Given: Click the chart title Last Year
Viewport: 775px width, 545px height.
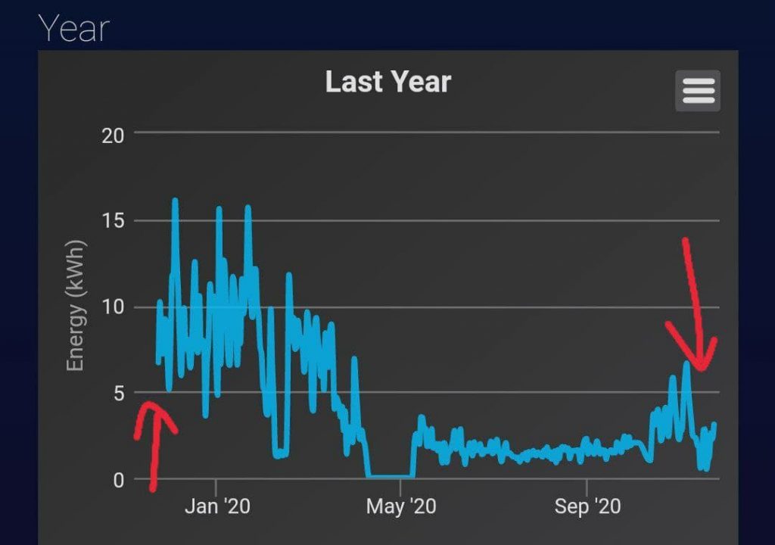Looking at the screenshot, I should click(x=387, y=82).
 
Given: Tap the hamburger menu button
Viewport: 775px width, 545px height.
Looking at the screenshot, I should click(x=698, y=91).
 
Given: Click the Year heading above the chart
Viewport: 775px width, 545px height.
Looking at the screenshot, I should click(x=74, y=29).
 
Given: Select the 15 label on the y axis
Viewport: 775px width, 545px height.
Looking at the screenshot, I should click(x=112, y=221).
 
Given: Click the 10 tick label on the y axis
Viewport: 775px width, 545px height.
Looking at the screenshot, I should click(x=112, y=307).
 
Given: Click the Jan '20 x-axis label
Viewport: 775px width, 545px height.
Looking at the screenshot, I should click(x=217, y=506).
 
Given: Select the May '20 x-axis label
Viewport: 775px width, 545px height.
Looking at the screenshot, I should click(x=400, y=506).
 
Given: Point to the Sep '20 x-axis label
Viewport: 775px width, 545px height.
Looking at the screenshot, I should click(x=587, y=506).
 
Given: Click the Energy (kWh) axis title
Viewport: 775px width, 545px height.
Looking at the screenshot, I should click(x=74, y=306).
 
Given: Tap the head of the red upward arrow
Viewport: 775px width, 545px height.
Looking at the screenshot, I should click(x=151, y=407).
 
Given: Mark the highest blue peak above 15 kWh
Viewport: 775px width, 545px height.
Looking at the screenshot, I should click(x=175, y=201).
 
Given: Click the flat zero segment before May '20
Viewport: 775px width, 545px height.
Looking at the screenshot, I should click(x=390, y=476).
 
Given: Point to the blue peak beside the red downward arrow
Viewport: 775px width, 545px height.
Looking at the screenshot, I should click(x=686, y=364).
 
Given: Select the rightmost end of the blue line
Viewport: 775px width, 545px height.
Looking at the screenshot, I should click(x=714, y=425).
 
